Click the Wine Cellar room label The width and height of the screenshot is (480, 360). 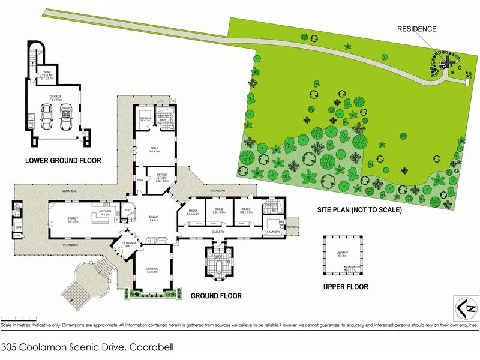(x=47, y=76)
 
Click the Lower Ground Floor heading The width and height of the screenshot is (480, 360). (x=62, y=160)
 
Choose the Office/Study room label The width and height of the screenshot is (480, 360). (x=162, y=178)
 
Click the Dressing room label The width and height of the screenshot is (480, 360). (x=145, y=119)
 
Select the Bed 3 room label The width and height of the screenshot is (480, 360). (x=246, y=211)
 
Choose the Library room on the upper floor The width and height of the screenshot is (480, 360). (x=344, y=253)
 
